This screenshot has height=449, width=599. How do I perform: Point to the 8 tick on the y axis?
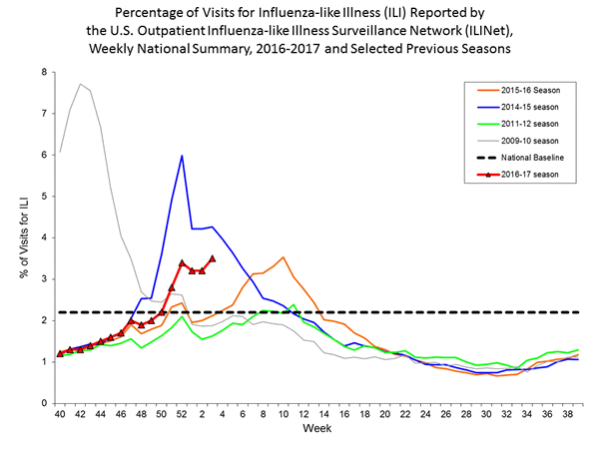coord(45,72)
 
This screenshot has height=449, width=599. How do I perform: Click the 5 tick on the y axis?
coord(45,197)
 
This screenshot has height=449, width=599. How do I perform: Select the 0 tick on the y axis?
coord(45,403)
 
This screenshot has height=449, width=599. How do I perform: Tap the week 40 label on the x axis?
coord(60,415)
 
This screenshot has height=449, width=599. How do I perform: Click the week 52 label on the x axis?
coord(182,415)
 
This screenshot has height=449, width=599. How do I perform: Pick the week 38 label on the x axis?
coord(567,415)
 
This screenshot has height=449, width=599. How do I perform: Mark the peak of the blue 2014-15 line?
coord(182,156)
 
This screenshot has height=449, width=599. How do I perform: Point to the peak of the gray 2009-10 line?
coord(80,84)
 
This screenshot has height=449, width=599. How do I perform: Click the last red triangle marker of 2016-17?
coord(213,258)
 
